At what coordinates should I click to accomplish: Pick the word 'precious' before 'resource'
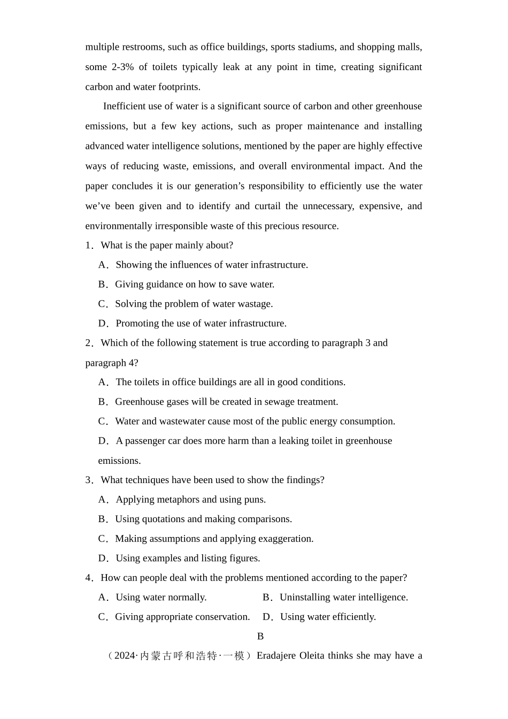pyautogui.click(x=289, y=226)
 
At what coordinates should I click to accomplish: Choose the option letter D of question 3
pyautogui.click(x=103, y=559)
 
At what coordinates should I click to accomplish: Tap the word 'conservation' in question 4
pyautogui.click(x=222, y=617)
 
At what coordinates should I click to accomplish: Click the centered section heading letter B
pyautogui.click(x=260, y=636)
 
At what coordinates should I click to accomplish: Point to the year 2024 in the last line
pyautogui.click(x=125, y=656)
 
